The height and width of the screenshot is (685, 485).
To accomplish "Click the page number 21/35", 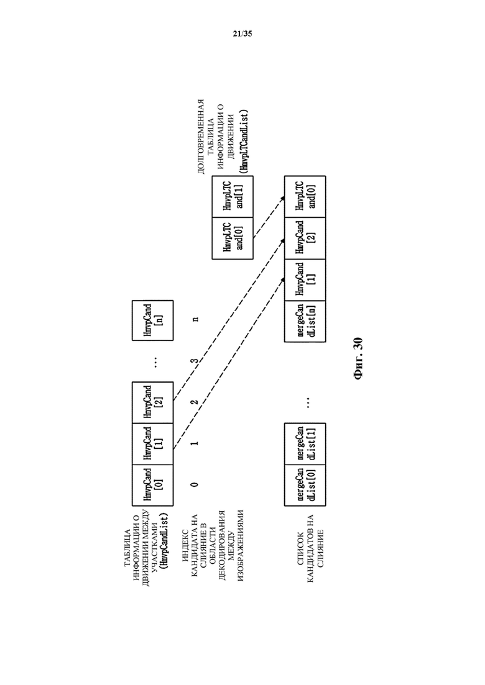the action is click(x=242, y=34).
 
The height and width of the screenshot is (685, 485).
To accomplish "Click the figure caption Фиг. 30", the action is click(x=358, y=358).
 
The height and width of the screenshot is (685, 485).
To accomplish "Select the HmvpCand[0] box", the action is click(x=152, y=485).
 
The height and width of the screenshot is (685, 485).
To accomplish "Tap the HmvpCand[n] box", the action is click(x=152, y=320).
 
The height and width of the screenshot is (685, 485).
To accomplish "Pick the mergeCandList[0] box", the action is click(x=305, y=485).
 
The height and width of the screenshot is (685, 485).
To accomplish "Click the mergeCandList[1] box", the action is click(x=305, y=444).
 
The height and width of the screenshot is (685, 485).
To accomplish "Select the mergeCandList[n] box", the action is click(x=305, y=320).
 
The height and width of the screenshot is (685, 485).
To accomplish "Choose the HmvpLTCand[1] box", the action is click(x=233, y=197).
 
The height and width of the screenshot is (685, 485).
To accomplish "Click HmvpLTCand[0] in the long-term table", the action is click(x=233, y=238).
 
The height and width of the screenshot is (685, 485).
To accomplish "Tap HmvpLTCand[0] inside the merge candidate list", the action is click(x=305, y=197).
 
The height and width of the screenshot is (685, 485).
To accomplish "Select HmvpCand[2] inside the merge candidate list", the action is click(x=305, y=238).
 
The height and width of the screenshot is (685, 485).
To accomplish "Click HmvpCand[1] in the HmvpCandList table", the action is click(x=152, y=444).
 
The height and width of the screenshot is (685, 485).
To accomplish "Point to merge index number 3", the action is click(x=195, y=361).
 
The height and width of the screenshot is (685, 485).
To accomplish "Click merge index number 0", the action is click(x=195, y=484).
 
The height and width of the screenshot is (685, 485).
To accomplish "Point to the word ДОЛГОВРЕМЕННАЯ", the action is click(x=201, y=137).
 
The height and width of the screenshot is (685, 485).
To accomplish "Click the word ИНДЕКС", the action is click(x=185, y=546).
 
